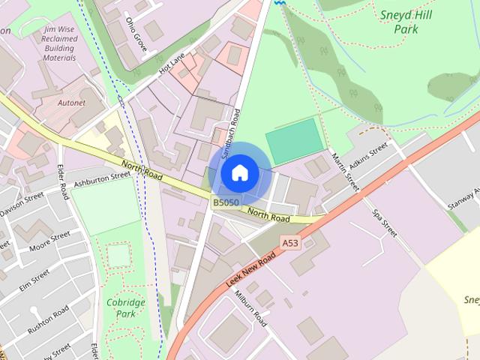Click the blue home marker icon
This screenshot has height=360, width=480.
click(239, 173)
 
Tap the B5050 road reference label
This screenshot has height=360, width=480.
click(226, 202)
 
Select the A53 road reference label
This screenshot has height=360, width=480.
click(290, 242)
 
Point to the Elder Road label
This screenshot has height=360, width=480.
click(64, 181)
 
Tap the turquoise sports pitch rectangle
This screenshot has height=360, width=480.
click(293, 140)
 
